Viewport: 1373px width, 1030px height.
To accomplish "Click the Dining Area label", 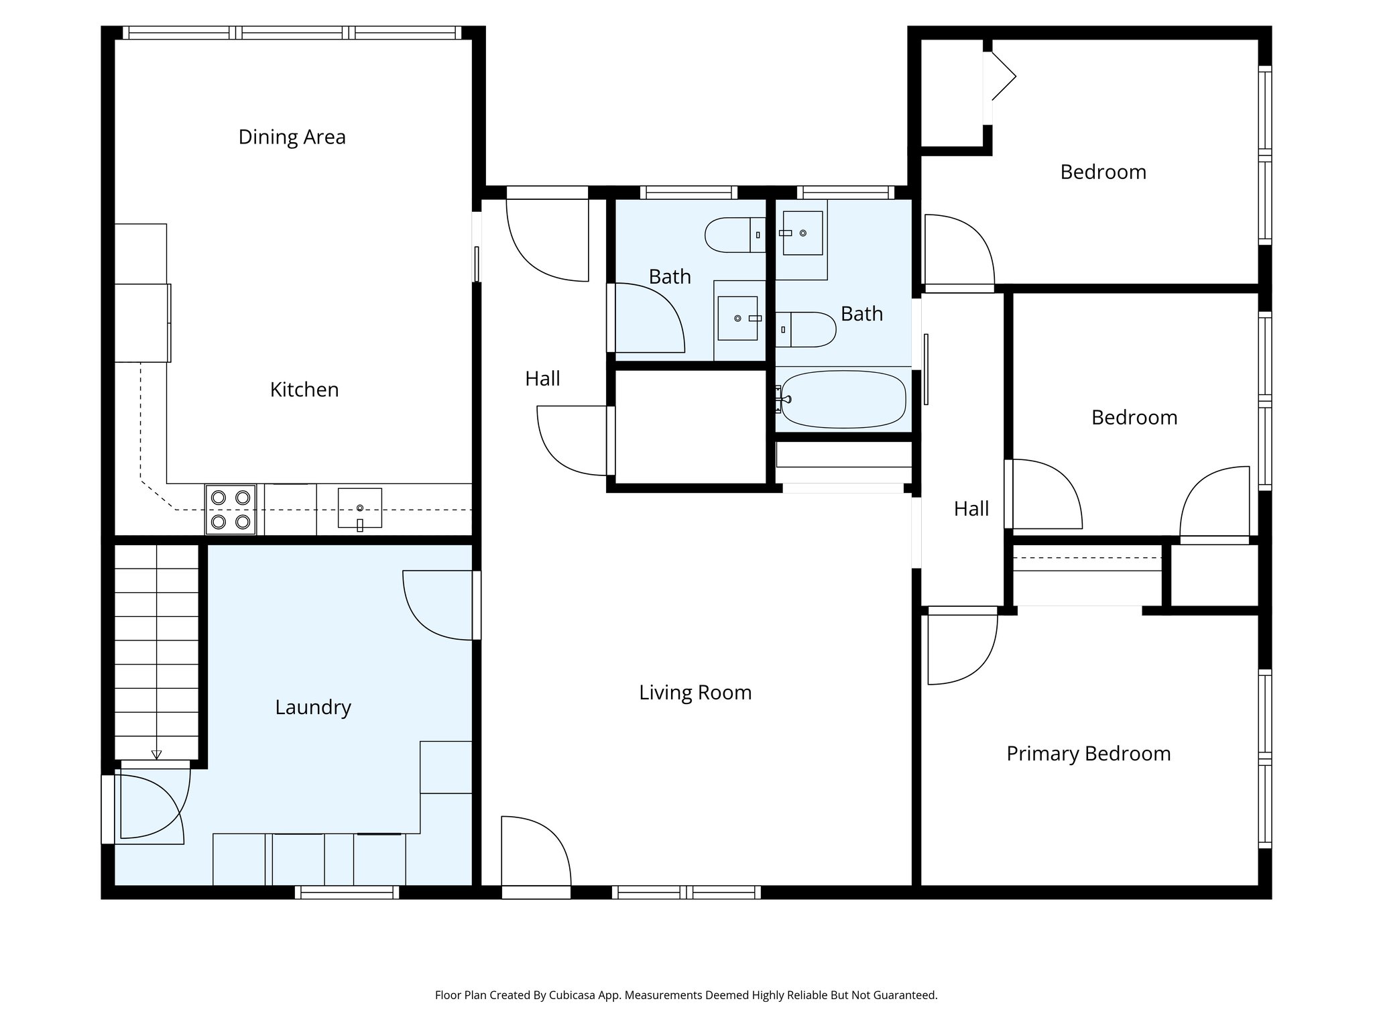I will pos(292,137).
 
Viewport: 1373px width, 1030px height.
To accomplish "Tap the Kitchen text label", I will pos(304,390).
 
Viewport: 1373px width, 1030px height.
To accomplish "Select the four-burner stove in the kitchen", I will pos(230,510).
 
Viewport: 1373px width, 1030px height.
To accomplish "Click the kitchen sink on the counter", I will pos(359,508).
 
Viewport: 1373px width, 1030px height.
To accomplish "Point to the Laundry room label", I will pos(313,707).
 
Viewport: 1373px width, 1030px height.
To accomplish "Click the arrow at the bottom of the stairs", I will pos(156,754).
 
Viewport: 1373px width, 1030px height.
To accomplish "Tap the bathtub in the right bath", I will pos(843,400).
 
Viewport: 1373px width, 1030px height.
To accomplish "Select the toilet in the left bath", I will pos(735,235).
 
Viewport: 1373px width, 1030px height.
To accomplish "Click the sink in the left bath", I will pos(737,318).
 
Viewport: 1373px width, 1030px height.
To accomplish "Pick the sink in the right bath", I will pos(803,233).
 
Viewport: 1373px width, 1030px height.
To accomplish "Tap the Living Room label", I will pos(695,692).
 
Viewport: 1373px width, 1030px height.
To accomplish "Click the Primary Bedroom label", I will pos(1088,753).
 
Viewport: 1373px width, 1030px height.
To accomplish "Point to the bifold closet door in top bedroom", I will pos(1002,76).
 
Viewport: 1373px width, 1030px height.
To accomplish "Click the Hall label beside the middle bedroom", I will pos(971,509).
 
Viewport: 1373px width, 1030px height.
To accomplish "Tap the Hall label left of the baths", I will pos(542,379).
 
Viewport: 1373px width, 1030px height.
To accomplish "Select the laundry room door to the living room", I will pos(439,605).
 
